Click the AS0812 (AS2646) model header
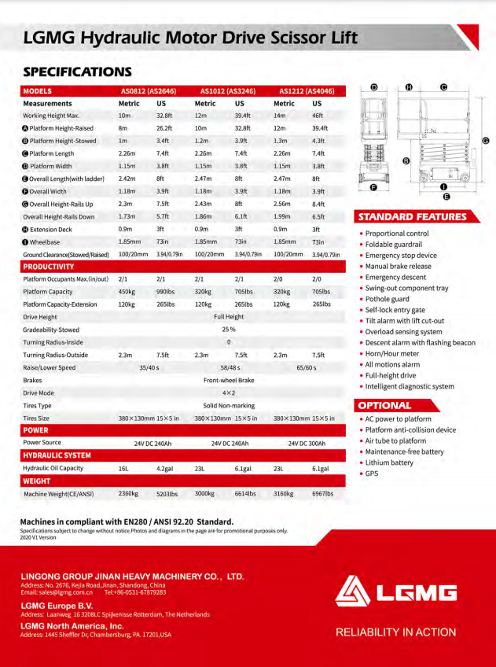click(148, 91)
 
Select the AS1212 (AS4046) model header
click(307, 91)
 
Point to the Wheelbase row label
click(44, 242)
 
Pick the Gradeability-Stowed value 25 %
click(229, 330)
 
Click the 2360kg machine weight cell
click(128, 494)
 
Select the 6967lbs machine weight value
click(322, 494)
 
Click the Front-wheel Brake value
click(229, 380)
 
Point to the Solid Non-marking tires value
click(229, 405)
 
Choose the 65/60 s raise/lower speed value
click(307, 367)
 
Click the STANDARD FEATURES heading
click(412, 217)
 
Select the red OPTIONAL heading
click(384, 406)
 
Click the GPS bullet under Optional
click(371, 474)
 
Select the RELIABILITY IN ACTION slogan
click(395, 632)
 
